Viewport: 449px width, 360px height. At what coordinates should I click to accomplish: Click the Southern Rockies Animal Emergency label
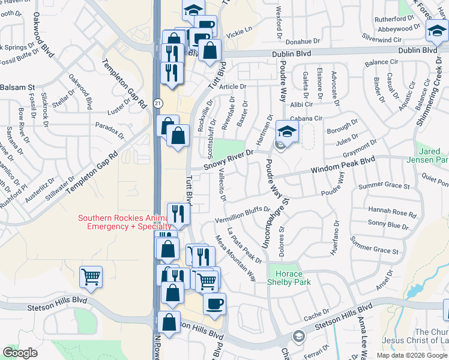point(125,222)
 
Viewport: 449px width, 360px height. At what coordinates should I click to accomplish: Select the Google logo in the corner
point(20,353)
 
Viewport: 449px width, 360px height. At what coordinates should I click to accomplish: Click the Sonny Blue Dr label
point(388,226)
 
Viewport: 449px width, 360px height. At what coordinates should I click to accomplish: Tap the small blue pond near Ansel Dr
point(414,292)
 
